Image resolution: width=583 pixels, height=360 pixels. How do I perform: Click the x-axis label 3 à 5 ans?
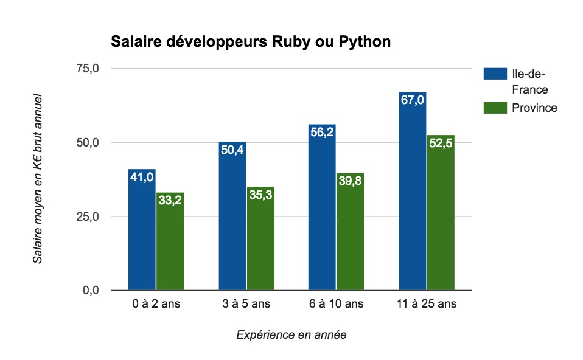coord(246,303)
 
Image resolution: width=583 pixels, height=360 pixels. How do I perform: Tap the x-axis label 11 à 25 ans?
coord(426,303)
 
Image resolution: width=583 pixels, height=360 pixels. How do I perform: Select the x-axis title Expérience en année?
coord(291,334)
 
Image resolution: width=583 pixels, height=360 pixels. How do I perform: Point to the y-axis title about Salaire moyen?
coord(38,178)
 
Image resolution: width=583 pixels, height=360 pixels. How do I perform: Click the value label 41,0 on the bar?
coord(142,177)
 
